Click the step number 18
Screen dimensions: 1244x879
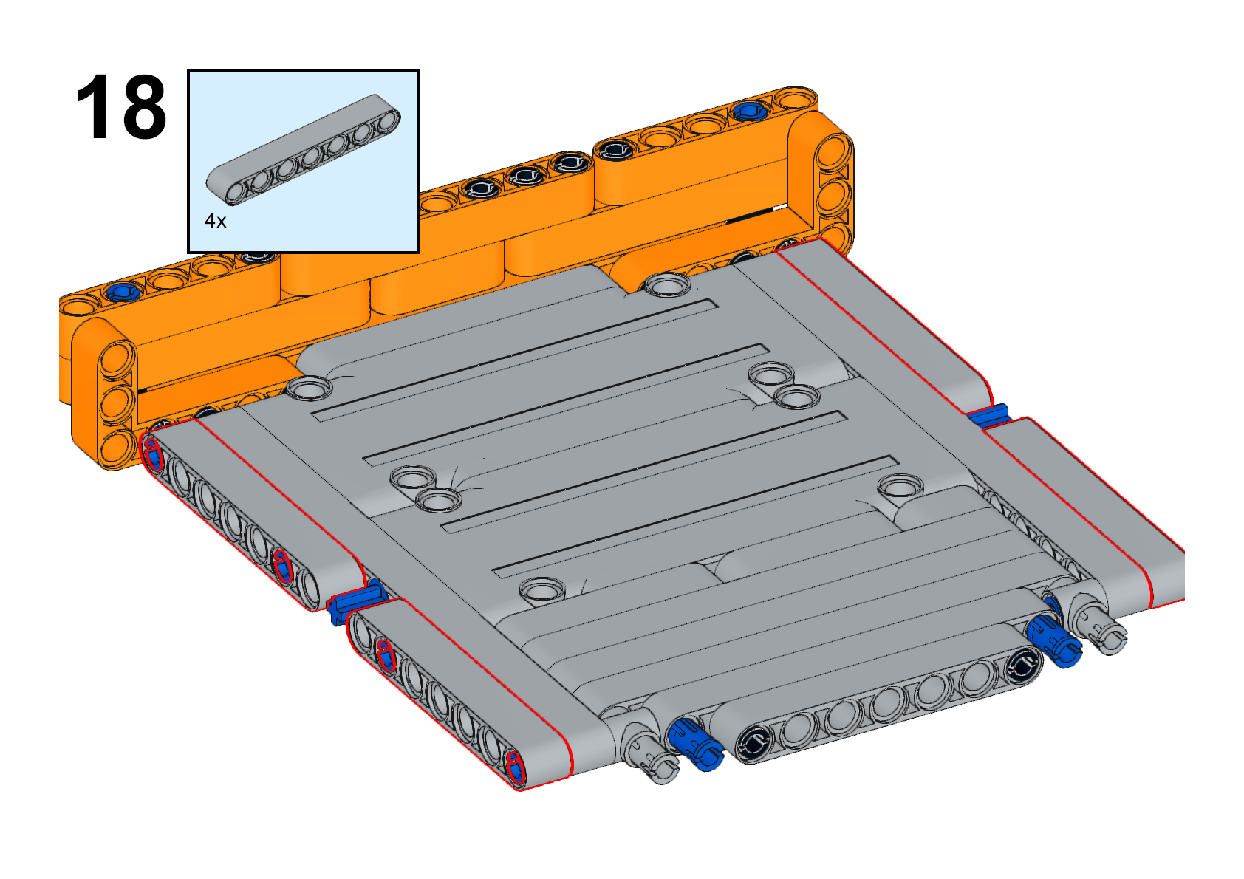point(120,106)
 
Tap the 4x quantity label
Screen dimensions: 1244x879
point(216,221)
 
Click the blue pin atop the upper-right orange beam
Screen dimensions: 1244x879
point(751,112)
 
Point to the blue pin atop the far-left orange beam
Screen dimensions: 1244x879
point(123,291)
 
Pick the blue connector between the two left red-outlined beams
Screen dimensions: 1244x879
point(355,601)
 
